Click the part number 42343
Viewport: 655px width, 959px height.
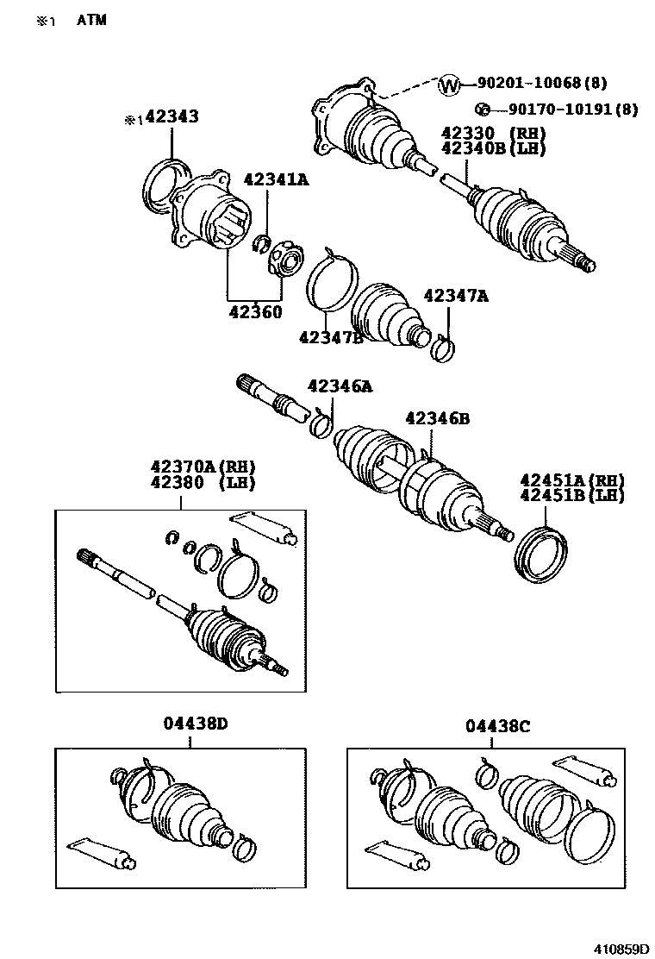tap(172, 116)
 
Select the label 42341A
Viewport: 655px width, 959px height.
tap(276, 179)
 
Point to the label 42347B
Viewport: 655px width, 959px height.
tap(330, 336)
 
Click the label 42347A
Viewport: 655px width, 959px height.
tap(456, 296)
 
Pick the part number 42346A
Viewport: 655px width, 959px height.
tap(340, 386)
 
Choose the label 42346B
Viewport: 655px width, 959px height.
tap(437, 418)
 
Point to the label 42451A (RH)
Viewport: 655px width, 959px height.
tap(571, 480)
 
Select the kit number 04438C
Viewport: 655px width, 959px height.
tap(498, 726)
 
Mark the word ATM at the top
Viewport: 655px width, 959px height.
tap(91, 20)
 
